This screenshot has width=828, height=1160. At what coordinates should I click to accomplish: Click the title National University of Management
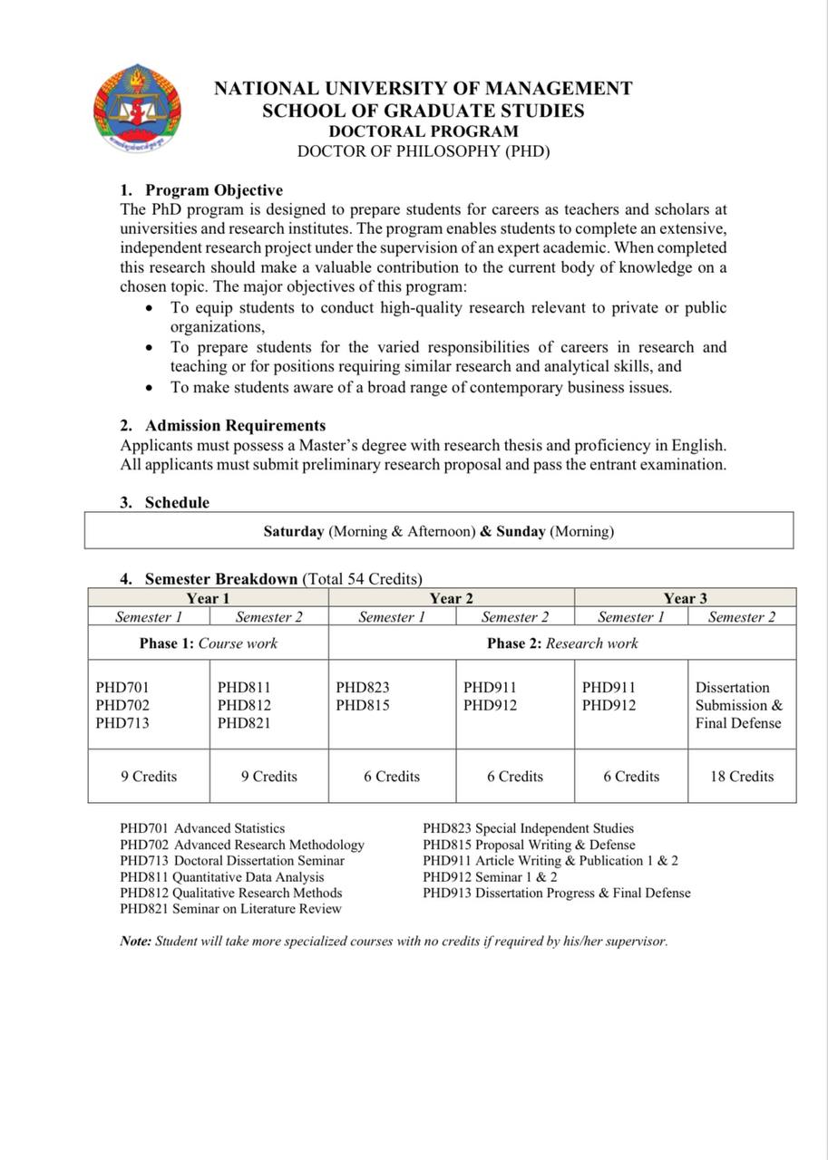coord(423,89)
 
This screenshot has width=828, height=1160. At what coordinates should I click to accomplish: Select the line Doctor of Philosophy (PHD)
coord(423,151)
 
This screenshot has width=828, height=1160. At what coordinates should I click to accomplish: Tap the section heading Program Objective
coord(214,190)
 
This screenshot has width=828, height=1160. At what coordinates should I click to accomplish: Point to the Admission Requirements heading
coord(235,426)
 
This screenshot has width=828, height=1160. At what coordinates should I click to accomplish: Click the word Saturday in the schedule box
coord(294,531)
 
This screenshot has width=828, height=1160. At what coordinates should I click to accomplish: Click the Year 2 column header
coord(451,598)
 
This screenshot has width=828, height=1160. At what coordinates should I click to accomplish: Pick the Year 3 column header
coord(685,598)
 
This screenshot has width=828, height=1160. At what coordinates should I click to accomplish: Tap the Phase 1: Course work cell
coord(209,643)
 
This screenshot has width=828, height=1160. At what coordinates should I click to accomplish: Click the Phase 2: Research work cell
coord(562,643)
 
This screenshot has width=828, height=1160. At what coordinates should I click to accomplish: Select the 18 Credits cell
coord(741,777)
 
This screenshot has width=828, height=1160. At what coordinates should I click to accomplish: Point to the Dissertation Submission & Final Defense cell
coord(739,705)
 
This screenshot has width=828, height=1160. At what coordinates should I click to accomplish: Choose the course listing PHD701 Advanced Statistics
coord(202,828)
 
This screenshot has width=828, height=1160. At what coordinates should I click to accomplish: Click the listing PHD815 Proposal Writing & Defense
coord(529,845)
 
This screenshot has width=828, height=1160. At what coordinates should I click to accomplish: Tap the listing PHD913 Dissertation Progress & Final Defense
coord(556,893)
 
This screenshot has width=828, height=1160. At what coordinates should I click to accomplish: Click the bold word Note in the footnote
coord(135,942)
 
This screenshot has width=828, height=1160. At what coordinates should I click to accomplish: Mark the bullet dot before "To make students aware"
coord(150,388)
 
